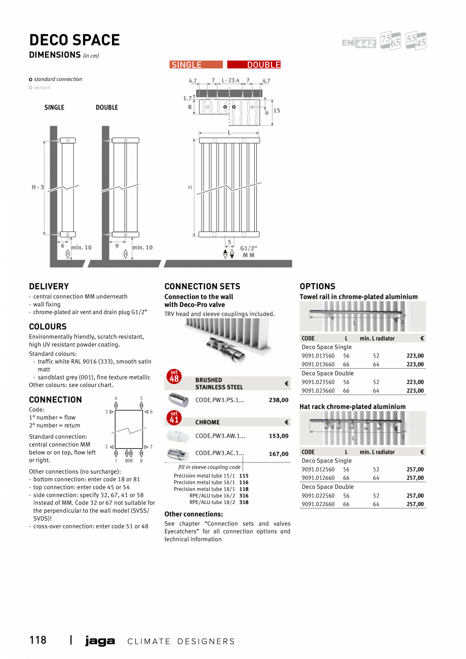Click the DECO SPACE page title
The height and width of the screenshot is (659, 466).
coord(74,40)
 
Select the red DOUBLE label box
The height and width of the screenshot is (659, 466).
coord(254,65)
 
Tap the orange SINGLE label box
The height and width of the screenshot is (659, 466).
coord(196,65)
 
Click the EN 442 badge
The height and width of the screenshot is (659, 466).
coord(359,43)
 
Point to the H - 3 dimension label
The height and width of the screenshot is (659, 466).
coord(37,187)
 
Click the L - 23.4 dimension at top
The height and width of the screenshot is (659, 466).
coord(230,81)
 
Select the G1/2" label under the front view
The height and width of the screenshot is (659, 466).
coord(249,248)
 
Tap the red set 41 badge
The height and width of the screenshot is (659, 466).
coord(174,418)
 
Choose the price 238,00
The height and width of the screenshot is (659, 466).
coord(279,400)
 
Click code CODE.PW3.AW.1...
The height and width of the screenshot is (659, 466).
coord(220,436)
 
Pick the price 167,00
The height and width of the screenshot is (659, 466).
coord(279,454)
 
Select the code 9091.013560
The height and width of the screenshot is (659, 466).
coord(318,356)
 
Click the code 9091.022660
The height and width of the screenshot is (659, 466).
coord(318,505)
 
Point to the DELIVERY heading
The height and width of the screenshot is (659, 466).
coord(49,286)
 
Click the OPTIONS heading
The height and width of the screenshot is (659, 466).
coord(317,286)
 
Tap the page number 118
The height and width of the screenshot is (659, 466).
coord(37,640)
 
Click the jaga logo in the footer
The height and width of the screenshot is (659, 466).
coord(100,641)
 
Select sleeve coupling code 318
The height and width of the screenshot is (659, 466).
coord(244,502)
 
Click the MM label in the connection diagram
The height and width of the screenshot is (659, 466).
coord(129,461)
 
